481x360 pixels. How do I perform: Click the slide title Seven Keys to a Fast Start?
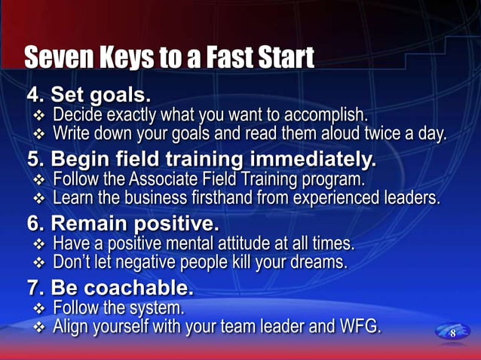coord(169,57)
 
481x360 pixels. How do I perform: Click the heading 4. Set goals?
coord(89,96)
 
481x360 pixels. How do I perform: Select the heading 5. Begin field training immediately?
coord(201,160)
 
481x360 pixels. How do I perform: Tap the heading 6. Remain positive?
coord(123,224)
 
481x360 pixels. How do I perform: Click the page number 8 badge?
coord(452,333)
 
